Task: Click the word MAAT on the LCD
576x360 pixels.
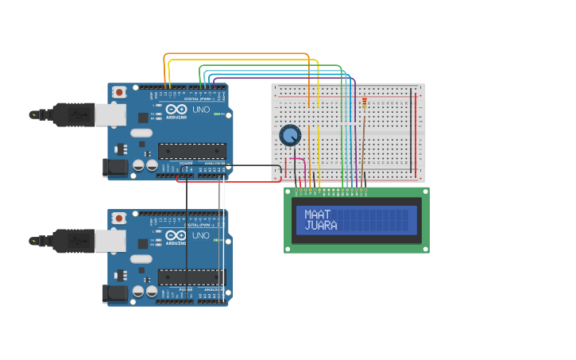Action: coord(318,215)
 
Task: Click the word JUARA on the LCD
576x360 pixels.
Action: coord(321,226)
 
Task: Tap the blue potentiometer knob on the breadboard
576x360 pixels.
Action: coord(290,135)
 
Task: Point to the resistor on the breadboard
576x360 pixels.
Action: coord(365,103)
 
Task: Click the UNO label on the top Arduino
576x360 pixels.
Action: coord(201,109)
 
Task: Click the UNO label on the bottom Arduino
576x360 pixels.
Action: coord(201,235)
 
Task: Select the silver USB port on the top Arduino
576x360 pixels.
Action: coord(110,115)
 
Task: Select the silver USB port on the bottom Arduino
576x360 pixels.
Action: coord(110,241)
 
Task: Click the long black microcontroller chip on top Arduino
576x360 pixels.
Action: coord(191,150)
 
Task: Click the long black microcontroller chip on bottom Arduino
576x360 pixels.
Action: coord(191,277)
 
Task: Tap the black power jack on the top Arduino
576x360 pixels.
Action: coord(115,167)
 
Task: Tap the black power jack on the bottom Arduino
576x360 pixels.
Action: coord(115,293)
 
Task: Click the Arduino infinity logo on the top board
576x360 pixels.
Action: coord(176,110)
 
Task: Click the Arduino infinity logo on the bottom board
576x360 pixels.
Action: coord(176,236)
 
